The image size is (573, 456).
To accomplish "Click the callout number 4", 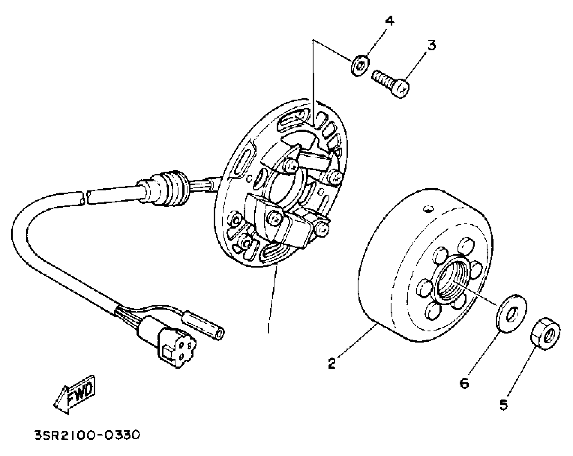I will click(x=390, y=21).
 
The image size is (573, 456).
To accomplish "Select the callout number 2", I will click(x=332, y=363).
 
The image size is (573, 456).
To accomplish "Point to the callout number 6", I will click(x=464, y=383).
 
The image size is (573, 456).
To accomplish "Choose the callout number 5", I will click(x=504, y=405).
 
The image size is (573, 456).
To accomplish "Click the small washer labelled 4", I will click(x=360, y=66).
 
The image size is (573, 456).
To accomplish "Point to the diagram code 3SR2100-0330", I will click(x=87, y=435).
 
